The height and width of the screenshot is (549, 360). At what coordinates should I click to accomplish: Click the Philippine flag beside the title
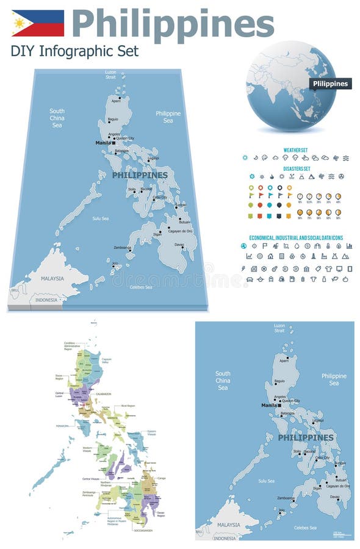(x=38, y=23)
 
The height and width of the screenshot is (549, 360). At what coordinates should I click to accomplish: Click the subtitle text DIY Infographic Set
(x=74, y=51)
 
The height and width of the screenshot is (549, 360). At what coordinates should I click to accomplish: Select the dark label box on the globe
(x=330, y=84)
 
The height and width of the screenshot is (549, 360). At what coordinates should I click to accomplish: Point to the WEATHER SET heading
(x=296, y=149)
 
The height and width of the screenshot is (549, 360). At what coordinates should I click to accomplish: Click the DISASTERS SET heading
(x=296, y=168)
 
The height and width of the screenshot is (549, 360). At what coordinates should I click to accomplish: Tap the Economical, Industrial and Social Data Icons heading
(x=296, y=237)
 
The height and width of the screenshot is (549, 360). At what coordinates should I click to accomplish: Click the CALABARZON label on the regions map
(x=103, y=395)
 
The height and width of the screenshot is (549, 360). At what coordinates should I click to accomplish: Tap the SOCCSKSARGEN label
(x=141, y=531)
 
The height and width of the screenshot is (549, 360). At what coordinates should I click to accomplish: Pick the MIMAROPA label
(x=62, y=426)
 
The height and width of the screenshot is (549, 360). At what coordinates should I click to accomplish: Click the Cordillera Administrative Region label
(x=71, y=346)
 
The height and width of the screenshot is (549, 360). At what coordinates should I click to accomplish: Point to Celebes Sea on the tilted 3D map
(x=140, y=287)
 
